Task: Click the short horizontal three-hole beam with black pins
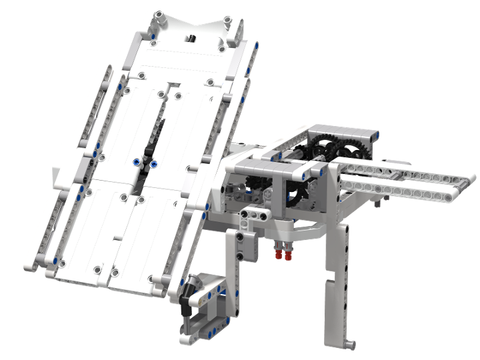pos(255,214)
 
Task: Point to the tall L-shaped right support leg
pos(340,280)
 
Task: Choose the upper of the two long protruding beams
pos(407,175)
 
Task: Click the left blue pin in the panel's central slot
pos(136,162)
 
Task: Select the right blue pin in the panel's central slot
pos(153,163)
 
